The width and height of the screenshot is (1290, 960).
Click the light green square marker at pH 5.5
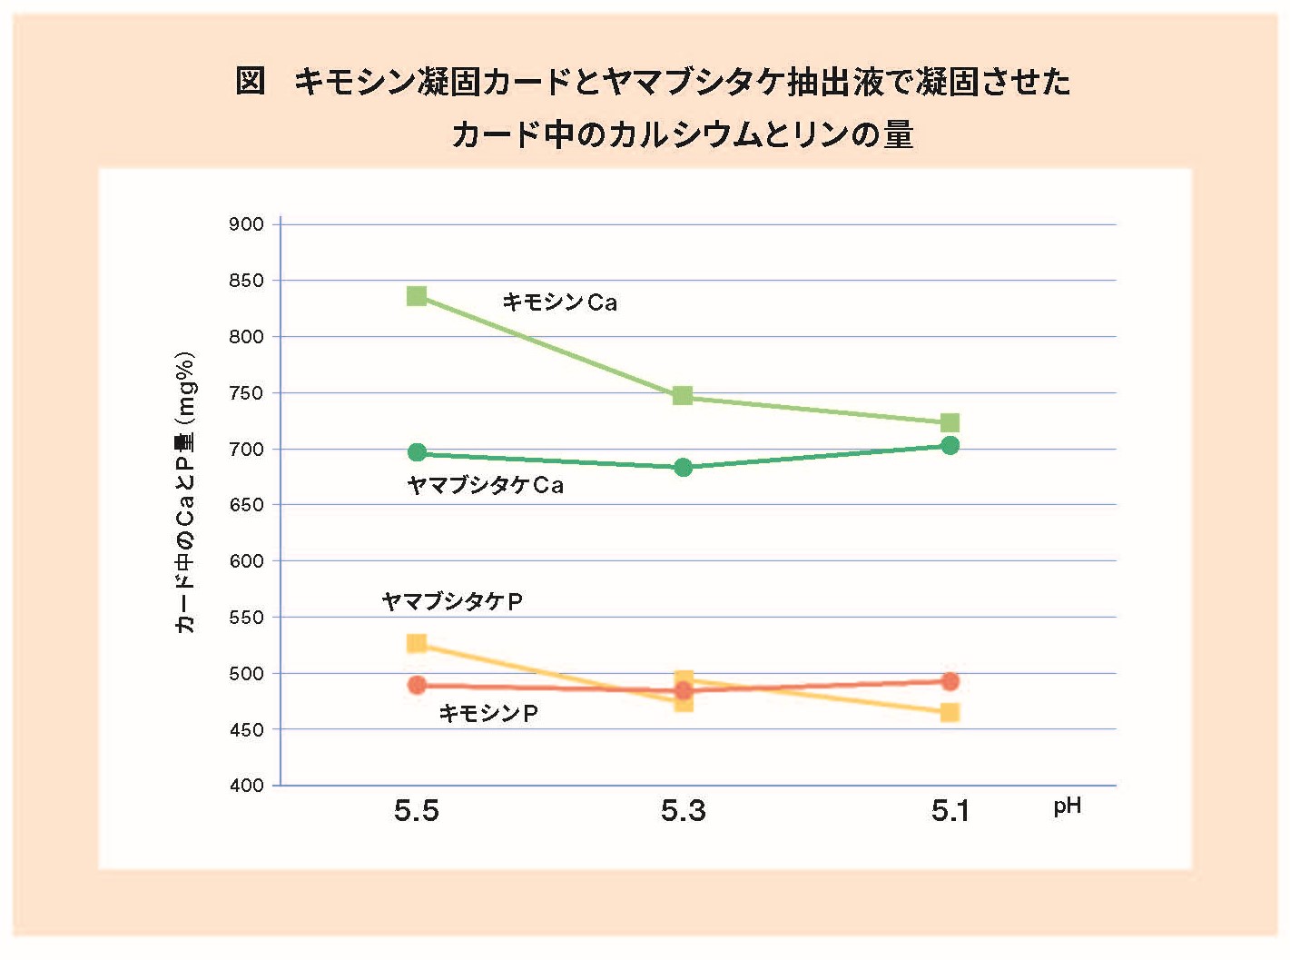417,296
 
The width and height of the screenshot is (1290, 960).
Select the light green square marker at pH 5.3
683,396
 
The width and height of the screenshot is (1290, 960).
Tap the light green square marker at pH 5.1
950,422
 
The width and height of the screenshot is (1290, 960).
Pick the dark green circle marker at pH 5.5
417,452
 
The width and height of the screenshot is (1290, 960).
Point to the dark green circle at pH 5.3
684,467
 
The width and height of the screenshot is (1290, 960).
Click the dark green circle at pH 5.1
950,446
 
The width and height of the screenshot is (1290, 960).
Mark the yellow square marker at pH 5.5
417,644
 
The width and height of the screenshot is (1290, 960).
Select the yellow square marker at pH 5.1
950,712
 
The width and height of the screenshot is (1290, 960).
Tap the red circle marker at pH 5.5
417,685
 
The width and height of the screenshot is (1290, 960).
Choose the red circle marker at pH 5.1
950,681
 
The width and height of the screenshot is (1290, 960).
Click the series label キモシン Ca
559,302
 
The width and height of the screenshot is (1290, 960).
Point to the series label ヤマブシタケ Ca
486,485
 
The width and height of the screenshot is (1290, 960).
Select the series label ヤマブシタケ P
452,601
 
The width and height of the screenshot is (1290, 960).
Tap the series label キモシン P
488,713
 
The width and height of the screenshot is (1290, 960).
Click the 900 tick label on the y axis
247,224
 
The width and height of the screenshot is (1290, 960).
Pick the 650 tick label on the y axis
247,505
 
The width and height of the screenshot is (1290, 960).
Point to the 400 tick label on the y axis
247,786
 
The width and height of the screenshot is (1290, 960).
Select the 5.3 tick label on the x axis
683,811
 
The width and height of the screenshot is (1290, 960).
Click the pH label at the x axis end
1068,807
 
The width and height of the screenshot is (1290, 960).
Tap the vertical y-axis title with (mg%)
185,492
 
